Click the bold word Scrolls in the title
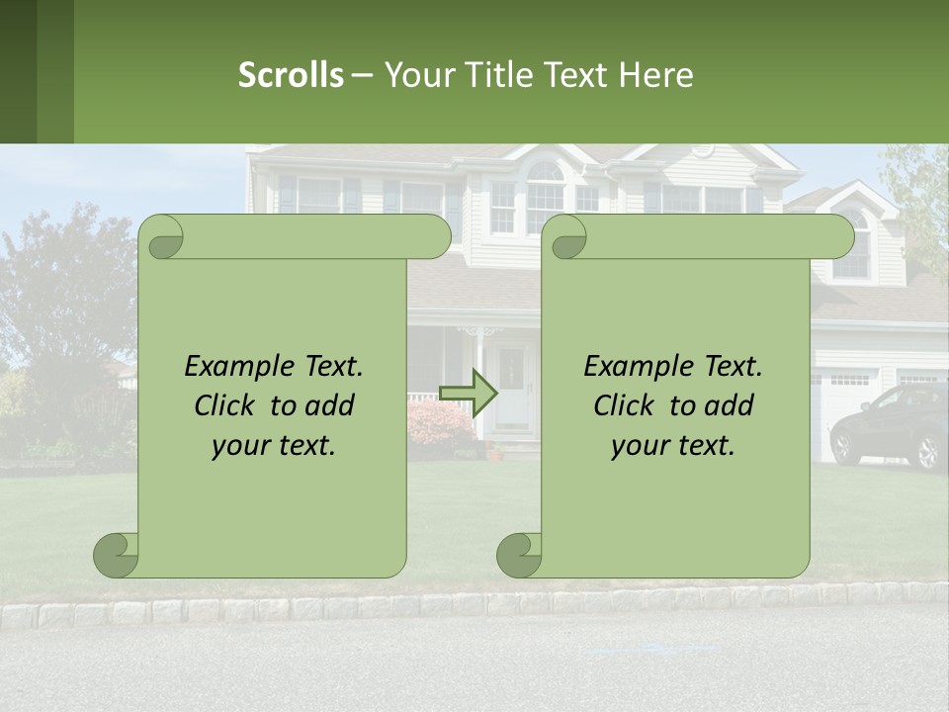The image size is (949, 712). pos(291,74)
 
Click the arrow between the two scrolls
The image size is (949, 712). pos(468,394)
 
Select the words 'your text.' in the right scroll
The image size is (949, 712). pos(672,445)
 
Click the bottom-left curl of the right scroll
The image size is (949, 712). pos(519,556)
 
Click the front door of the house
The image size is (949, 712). pos(513,386)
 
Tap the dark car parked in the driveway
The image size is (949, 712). pos(890,425)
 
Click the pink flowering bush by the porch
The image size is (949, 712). pos(439,423)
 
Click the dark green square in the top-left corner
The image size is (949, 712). pos(18,71)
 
